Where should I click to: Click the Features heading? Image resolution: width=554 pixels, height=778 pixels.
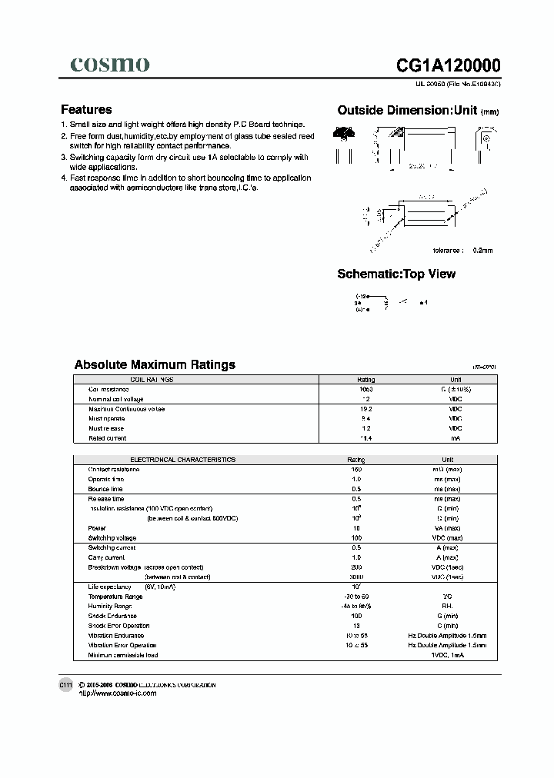click(x=86, y=110)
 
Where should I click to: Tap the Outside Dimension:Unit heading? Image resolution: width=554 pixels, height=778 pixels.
click(x=408, y=110)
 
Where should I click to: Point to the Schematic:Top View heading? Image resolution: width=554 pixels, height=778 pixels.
click(x=396, y=274)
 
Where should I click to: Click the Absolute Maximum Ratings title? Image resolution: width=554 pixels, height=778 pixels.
click(x=155, y=364)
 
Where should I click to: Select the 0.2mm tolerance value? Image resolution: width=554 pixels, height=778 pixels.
click(x=482, y=251)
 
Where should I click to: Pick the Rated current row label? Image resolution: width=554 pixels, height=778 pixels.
click(x=107, y=438)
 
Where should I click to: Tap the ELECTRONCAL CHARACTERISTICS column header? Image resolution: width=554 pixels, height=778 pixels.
click(x=182, y=460)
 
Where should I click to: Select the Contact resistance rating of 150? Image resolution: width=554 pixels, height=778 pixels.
click(x=356, y=469)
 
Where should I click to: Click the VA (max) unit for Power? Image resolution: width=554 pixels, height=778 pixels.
click(x=446, y=528)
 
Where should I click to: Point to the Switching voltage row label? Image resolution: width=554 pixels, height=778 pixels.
click(x=112, y=537)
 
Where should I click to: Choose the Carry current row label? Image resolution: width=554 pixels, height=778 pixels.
click(x=106, y=557)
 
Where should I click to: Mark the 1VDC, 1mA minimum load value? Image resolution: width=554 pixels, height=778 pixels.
click(x=446, y=655)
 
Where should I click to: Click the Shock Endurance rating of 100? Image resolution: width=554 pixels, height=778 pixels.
click(x=356, y=616)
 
